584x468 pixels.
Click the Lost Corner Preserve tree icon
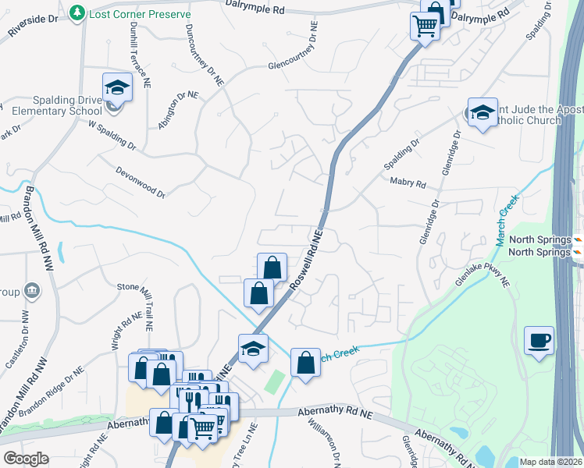[77, 12]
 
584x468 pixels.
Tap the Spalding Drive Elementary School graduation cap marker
[117, 87]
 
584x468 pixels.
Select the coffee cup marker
[539, 340]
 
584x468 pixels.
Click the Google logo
[26, 459]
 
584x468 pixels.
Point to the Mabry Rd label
[408, 184]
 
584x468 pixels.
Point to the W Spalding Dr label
[112, 135]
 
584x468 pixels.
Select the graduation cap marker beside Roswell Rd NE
[253, 348]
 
